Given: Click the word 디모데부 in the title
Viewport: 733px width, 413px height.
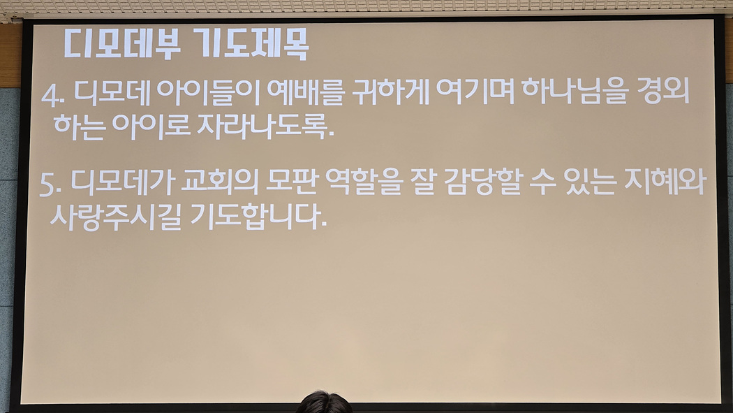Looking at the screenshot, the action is tap(122, 44).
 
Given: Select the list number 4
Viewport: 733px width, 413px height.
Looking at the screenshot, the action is tap(52, 96).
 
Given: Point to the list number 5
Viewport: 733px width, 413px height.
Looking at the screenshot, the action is tap(50, 184).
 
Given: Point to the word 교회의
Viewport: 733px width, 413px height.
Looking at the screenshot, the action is tap(219, 182).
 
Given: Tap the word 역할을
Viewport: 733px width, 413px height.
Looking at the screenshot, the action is tap(364, 182).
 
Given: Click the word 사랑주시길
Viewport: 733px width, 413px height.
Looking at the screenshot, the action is tap(115, 217).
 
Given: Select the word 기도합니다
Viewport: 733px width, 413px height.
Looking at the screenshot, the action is tap(259, 217).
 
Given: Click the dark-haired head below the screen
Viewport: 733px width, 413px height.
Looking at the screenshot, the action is tap(324, 403).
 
